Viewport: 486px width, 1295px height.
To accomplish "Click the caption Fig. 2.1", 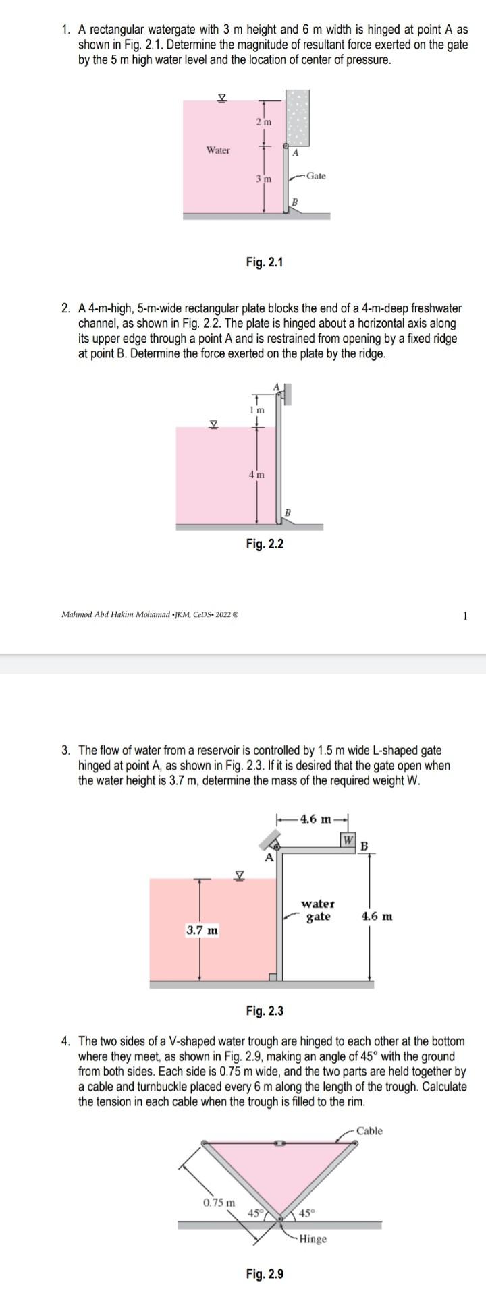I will (x=264, y=262).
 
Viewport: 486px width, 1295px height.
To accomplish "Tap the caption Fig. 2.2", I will (x=265, y=544).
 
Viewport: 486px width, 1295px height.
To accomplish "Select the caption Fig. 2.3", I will (x=265, y=1010).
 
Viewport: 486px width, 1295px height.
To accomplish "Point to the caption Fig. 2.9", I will (x=265, y=1255).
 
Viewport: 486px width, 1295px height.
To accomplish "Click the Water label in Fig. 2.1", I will (x=218, y=150).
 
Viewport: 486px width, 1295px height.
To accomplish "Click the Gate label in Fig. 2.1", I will (x=315, y=176).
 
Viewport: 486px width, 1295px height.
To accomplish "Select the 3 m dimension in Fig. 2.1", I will (x=263, y=179).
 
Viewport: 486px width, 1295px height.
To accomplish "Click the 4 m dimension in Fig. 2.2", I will (x=256, y=475).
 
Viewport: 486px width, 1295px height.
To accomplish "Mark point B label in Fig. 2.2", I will (x=288, y=513).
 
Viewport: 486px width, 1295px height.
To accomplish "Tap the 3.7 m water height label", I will (x=202, y=931).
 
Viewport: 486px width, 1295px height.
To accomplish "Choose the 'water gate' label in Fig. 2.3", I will (x=318, y=910).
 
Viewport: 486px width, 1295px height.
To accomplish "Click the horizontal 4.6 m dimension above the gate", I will (x=316, y=819).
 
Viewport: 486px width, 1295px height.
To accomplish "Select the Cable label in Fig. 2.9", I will (x=369, y=1130).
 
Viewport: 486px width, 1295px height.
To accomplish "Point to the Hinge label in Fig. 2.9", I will (x=313, y=1220).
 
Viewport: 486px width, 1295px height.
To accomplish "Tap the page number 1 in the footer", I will (x=465, y=615).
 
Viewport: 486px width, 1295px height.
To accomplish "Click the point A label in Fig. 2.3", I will (x=269, y=858).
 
